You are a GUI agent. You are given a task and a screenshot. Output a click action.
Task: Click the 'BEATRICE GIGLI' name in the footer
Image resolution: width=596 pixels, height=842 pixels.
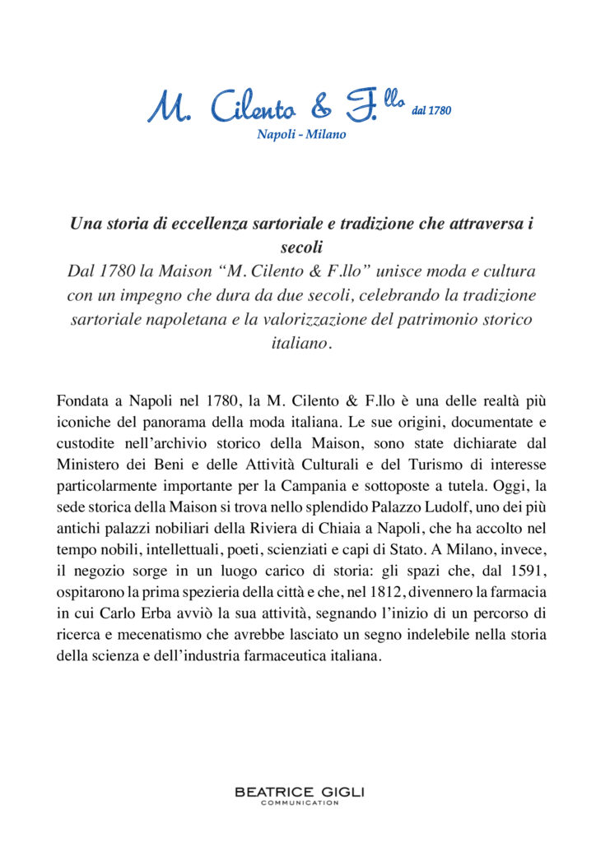[299, 792]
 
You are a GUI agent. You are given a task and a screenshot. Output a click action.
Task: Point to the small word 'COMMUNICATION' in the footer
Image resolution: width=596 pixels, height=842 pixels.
[299, 803]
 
